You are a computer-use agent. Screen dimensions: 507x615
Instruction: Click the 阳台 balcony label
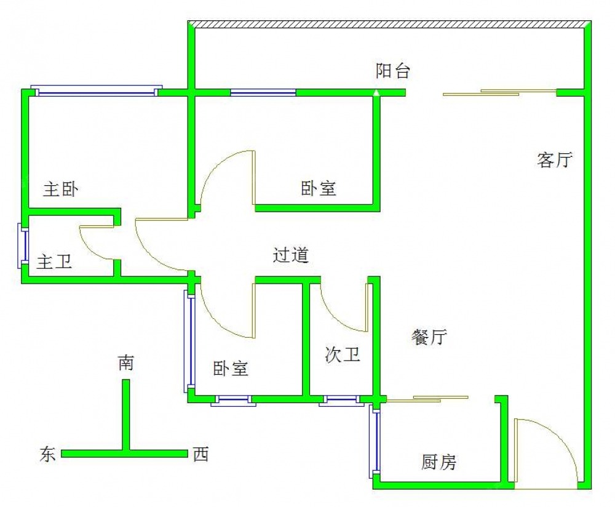point(393,71)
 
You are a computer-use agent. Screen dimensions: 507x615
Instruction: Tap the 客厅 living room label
point(554,161)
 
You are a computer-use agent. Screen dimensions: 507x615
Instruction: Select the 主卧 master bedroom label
point(60,189)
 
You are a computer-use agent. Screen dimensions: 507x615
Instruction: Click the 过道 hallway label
point(290,255)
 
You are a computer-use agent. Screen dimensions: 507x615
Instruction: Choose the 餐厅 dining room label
point(429,337)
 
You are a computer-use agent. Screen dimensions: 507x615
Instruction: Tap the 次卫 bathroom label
point(342,355)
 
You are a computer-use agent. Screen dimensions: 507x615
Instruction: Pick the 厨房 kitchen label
point(439,462)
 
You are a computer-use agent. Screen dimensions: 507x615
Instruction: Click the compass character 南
point(125,363)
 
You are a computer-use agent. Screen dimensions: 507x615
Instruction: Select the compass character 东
point(48,454)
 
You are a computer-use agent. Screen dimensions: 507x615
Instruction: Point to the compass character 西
point(200,454)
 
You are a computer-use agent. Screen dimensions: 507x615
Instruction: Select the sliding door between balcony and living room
point(499,93)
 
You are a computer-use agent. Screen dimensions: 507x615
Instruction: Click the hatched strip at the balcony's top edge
point(389,25)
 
